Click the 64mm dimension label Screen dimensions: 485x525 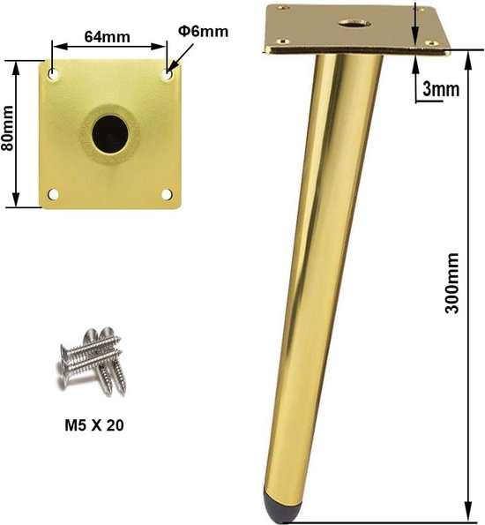click(x=107, y=37)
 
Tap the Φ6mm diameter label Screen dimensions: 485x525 click(x=203, y=32)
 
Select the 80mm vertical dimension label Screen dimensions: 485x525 click(x=7, y=128)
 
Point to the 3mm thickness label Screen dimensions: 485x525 click(x=441, y=89)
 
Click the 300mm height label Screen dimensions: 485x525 click(x=451, y=283)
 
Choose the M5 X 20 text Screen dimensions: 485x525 click(x=94, y=425)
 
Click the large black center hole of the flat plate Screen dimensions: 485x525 click(x=110, y=134)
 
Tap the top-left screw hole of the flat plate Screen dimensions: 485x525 click(x=53, y=73)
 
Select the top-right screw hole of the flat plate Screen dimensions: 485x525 click(x=168, y=73)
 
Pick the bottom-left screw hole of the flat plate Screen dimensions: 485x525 click(x=53, y=194)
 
